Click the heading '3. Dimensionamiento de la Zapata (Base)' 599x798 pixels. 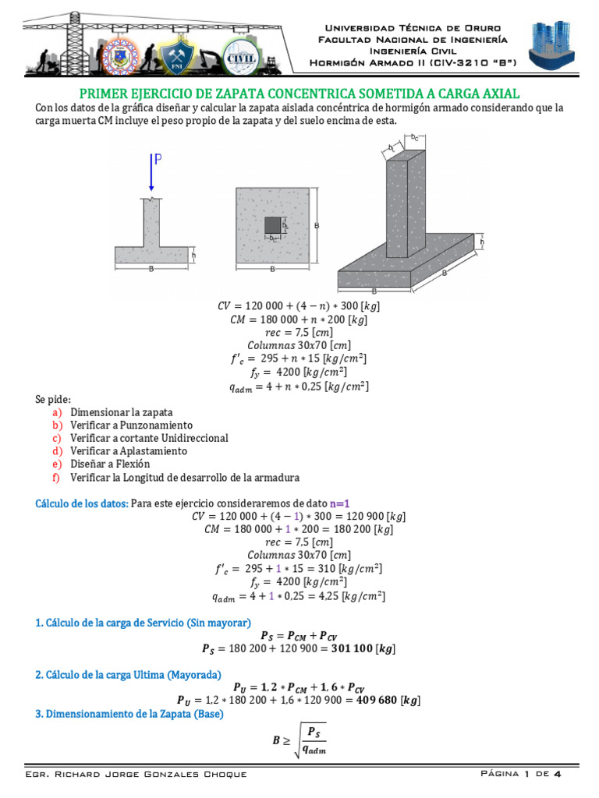click(x=129, y=714)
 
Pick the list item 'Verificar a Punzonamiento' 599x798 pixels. click(x=131, y=425)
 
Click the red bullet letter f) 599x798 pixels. click(x=56, y=477)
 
